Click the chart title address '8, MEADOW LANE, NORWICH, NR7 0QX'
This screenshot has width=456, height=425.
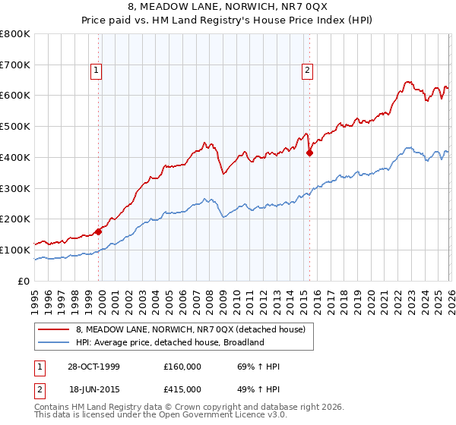[x=228, y=8]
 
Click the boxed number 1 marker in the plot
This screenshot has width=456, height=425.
[x=97, y=71]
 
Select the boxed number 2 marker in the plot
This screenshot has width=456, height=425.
[x=308, y=71]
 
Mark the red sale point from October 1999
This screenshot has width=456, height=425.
[x=99, y=231]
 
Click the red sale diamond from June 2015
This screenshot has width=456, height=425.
[x=309, y=153]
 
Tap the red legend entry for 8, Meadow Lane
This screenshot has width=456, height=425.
[x=190, y=329]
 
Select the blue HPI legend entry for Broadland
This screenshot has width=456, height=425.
[x=169, y=342]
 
